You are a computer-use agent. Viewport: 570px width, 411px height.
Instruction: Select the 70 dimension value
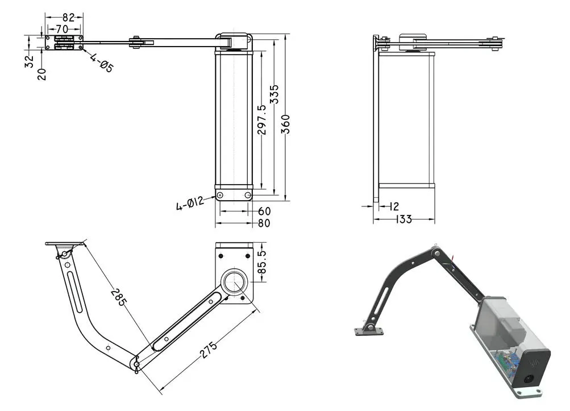pos(62,28)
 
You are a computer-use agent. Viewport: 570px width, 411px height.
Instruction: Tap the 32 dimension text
pos(30,61)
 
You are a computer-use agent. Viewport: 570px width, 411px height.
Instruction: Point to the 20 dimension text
pos(42,73)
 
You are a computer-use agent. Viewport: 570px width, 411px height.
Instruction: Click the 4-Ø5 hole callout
pos(102,63)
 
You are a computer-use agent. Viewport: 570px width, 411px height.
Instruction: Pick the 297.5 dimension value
pos(262,119)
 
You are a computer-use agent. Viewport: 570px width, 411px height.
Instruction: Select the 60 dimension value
pos(264,211)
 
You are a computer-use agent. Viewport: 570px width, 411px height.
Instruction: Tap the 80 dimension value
pos(264,223)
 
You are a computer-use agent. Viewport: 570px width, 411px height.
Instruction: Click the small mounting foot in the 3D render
pos(364,330)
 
